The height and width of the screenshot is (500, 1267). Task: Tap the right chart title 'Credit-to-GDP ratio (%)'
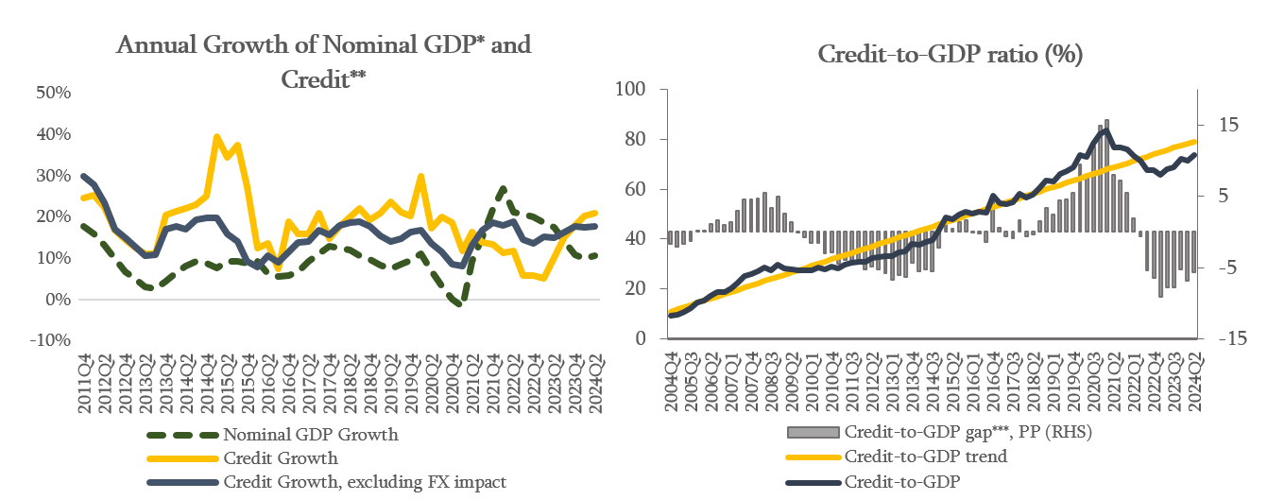950,56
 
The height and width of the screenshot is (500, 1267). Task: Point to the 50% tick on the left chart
53,93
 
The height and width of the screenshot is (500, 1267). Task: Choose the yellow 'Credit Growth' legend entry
280,458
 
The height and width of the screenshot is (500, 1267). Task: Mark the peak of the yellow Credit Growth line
216,137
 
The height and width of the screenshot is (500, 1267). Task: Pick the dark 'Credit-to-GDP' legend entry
902,480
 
